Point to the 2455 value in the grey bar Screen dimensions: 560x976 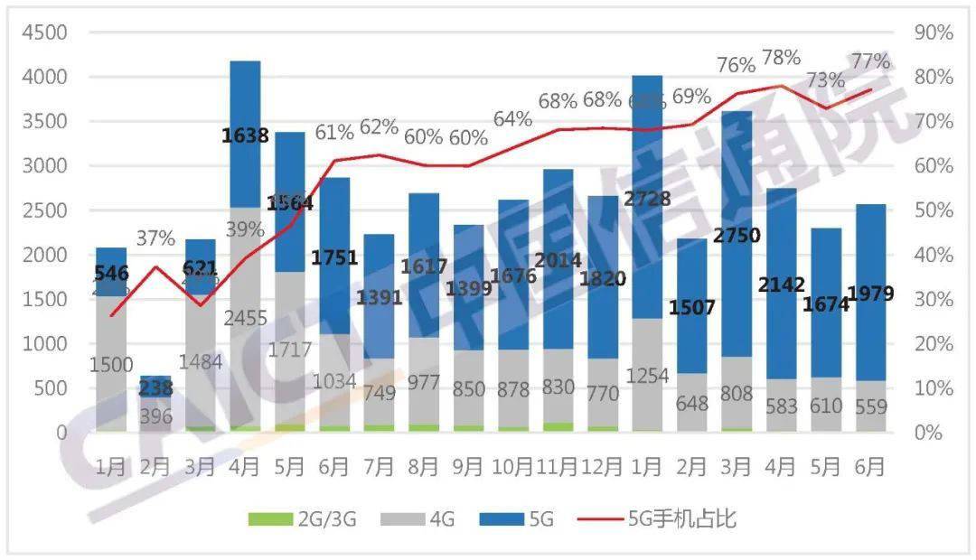[246, 317]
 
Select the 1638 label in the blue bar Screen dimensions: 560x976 [246, 136]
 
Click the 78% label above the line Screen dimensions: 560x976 [781, 58]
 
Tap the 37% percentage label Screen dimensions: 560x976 [155, 238]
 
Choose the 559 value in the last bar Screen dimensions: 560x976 [870, 407]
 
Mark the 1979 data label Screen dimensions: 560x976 [870, 294]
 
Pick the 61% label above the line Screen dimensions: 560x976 [333, 133]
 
